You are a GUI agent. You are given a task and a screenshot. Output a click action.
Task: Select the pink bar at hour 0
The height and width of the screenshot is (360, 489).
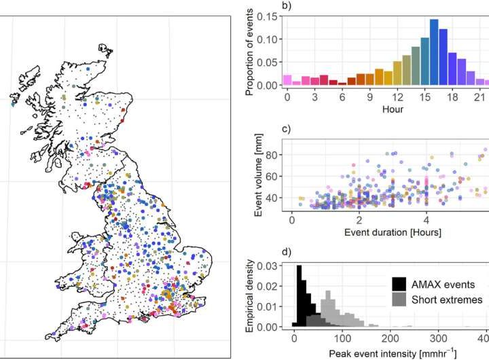287,81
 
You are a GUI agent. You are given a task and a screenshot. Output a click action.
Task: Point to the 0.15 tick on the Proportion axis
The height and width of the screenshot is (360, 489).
269,17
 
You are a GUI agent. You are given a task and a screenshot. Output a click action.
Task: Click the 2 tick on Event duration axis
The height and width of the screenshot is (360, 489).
359,220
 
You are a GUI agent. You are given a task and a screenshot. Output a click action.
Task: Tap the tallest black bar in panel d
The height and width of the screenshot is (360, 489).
299,296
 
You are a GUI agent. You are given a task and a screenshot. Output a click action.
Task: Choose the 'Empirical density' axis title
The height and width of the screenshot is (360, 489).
249,296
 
